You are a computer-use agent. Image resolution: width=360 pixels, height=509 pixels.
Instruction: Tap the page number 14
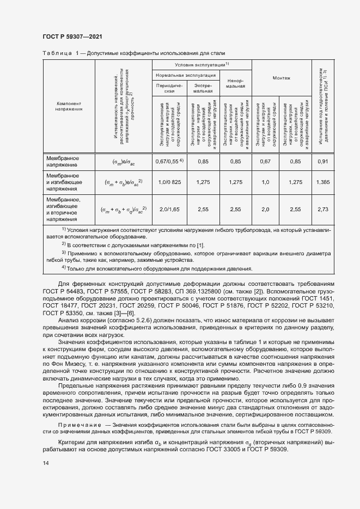[x=45, y=463]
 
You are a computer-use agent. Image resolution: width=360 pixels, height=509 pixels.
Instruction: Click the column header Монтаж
[x=281, y=78]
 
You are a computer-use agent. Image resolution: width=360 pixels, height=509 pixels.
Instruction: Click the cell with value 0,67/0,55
[x=169, y=161]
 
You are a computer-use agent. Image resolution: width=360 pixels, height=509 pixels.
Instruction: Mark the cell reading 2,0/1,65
[x=169, y=209]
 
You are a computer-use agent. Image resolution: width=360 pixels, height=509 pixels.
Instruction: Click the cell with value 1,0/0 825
[x=169, y=182]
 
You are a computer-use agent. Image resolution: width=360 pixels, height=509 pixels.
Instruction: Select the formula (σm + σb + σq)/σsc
[x=123, y=210]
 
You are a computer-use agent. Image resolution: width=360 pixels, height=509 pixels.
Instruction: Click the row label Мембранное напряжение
[x=63, y=161]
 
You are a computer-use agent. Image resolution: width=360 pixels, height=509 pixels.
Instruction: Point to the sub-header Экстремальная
[x=203, y=88]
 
